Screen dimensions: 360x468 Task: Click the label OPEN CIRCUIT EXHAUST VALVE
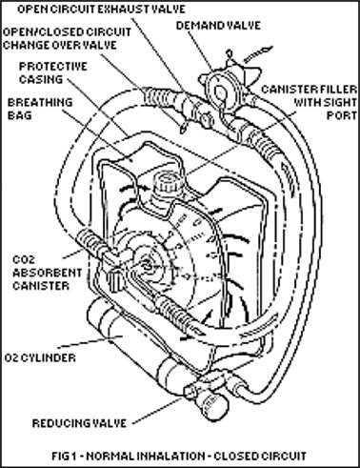tap(101, 10)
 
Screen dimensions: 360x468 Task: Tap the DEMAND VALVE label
tap(218, 26)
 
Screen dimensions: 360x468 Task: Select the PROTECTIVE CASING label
tap(52, 72)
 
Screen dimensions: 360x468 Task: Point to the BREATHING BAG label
tap(40, 109)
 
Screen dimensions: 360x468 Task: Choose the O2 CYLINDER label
tap(40, 358)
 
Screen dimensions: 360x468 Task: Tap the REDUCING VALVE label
tap(79, 423)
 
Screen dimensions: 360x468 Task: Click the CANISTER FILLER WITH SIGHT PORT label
tap(310, 102)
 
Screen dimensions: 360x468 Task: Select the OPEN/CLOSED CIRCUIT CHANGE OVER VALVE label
tap(67, 38)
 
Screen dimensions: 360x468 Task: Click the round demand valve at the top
tap(220, 92)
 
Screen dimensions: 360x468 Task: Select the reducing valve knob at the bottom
tap(216, 404)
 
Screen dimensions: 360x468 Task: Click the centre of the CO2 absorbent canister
tap(149, 264)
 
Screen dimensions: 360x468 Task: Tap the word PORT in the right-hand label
tap(342, 115)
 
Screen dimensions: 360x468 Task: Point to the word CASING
tap(41, 79)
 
